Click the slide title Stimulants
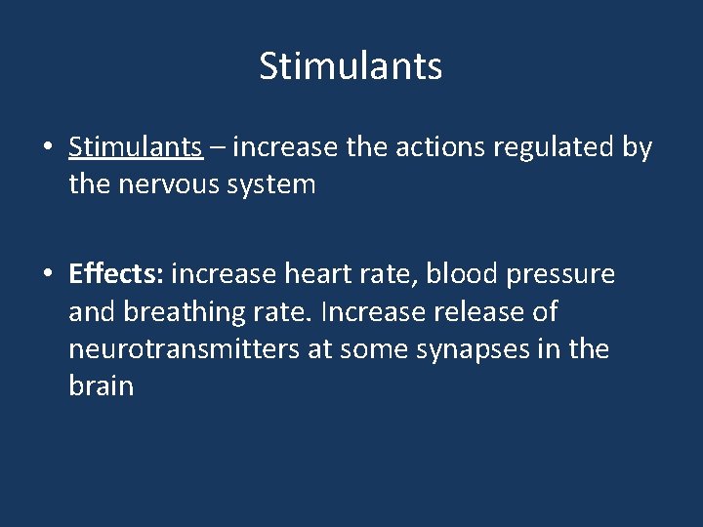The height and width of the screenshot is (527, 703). (351, 66)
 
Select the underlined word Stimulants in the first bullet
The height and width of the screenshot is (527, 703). (136, 147)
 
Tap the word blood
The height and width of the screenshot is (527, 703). (462, 275)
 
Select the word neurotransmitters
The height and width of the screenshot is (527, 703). (185, 349)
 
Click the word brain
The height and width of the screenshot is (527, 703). (101, 386)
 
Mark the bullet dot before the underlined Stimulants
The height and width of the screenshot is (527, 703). (48, 148)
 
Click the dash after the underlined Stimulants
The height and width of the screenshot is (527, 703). (218, 148)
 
